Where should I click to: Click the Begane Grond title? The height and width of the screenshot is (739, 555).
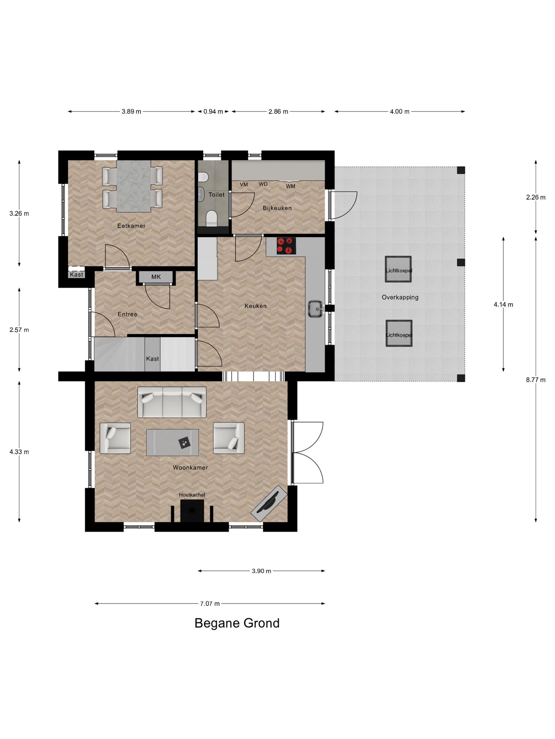[237, 623]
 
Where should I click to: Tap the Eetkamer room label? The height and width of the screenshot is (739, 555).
[131, 226]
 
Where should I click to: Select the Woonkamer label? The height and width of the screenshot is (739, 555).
[190, 468]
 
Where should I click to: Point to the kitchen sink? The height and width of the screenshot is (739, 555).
[315, 309]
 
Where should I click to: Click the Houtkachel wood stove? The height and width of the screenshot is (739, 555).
[192, 510]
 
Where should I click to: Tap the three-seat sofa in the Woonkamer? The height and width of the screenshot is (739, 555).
[172, 402]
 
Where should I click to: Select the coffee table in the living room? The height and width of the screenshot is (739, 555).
[172, 442]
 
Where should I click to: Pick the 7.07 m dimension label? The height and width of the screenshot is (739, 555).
[210, 604]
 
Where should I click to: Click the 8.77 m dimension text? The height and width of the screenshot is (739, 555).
[535, 380]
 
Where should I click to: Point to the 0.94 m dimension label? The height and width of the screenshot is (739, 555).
[213, 111]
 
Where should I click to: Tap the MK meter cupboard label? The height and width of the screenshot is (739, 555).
[156, 277]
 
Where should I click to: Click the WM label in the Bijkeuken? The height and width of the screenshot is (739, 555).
[291, 186]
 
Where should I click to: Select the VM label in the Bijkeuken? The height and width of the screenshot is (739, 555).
[244, 184]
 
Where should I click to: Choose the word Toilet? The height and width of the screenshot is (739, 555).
[216, 194]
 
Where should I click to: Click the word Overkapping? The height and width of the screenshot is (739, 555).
[400, 297]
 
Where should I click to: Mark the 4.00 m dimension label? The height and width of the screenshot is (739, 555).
[400, 111]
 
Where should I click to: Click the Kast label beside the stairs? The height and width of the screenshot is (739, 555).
[152, 359]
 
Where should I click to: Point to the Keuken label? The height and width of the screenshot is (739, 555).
[255, 306]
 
